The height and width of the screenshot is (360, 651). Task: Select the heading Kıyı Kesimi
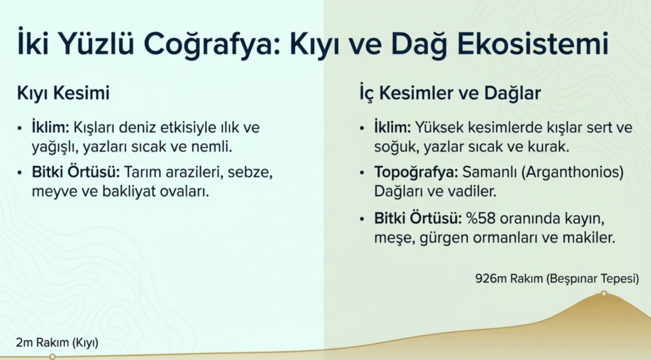coord(63,93)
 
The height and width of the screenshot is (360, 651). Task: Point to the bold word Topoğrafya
coord(416,172)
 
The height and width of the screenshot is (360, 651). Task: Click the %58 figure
coord(481,218)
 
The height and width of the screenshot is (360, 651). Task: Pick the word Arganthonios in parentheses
coord(573,172)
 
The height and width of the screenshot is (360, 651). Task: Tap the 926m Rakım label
coord(509,278)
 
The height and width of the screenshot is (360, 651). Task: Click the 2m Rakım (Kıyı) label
coord(57,343)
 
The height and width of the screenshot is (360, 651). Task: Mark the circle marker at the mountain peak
coord(604,293)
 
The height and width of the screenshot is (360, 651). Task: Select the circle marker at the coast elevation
coord(52,356)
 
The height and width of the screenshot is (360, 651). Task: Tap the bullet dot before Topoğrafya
coord(362,173)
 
